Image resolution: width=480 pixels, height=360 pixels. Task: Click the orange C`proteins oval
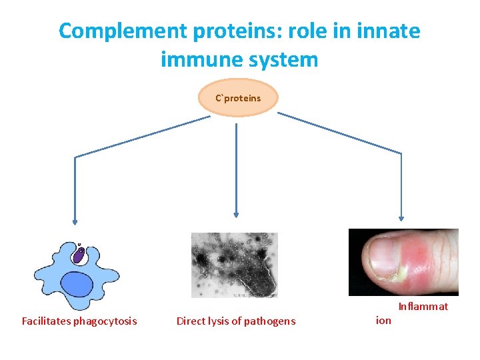click(x=238, y=98)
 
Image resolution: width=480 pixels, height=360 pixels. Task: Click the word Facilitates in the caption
click(x=46, y=321)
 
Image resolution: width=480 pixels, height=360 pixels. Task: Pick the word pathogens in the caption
click(x=270, y=321)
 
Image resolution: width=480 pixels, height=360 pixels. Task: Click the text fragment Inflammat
click(x=423, y=307)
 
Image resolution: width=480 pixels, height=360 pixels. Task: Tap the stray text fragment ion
click(x=384, y=321)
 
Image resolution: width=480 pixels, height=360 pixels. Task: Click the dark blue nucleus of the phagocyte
click(x=77, y=285)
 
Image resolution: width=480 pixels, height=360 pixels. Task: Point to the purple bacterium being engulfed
click(x=79, y=255)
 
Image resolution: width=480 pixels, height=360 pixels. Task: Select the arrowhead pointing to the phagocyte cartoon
click(x=75, y=222)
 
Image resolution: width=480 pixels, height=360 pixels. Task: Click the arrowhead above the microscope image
click(x=236, y=215)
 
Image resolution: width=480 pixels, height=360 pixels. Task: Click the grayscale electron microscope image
click(x=234, y=265)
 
